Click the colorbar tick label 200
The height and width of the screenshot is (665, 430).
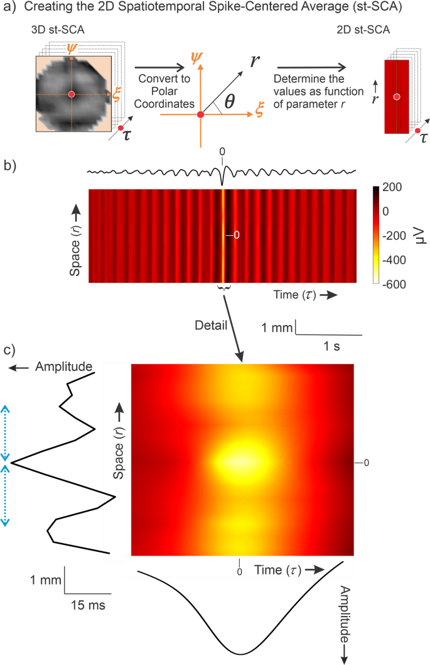[x=395, y=188]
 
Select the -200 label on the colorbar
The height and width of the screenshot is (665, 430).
[x=394, y=236]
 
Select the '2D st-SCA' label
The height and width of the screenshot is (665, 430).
[x=374, y=33]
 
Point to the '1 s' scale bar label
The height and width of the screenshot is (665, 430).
[x=330, y=346]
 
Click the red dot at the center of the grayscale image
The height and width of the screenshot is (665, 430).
[x=71, y=94]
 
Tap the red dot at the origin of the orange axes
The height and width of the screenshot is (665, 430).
[x=200, y=114]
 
